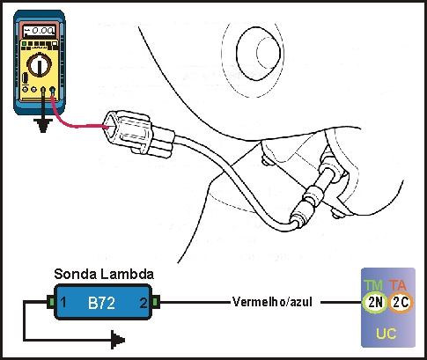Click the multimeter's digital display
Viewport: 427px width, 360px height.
pos(39,31)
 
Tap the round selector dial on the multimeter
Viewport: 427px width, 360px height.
pos(40,64)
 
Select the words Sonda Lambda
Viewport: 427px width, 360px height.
pos(104,274)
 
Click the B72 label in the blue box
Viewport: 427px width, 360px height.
pos(101,303)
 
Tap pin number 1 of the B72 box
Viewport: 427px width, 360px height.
pos(63,303)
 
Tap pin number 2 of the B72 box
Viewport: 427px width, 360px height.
pos(144,303)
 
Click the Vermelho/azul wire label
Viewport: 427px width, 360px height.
pos(272,302)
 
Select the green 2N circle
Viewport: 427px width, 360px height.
pos(374,302)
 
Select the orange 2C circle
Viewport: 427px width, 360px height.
pos(401,302)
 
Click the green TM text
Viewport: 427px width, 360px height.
pos(373,285)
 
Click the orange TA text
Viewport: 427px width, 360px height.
pos(398,285)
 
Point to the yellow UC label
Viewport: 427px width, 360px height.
pos(387,334)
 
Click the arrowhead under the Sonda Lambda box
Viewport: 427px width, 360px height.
pos(118,340)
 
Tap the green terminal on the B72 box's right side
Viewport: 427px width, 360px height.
pos(156,302)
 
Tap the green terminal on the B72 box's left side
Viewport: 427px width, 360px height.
pos(51,302)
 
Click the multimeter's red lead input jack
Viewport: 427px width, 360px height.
pos(53,90)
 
